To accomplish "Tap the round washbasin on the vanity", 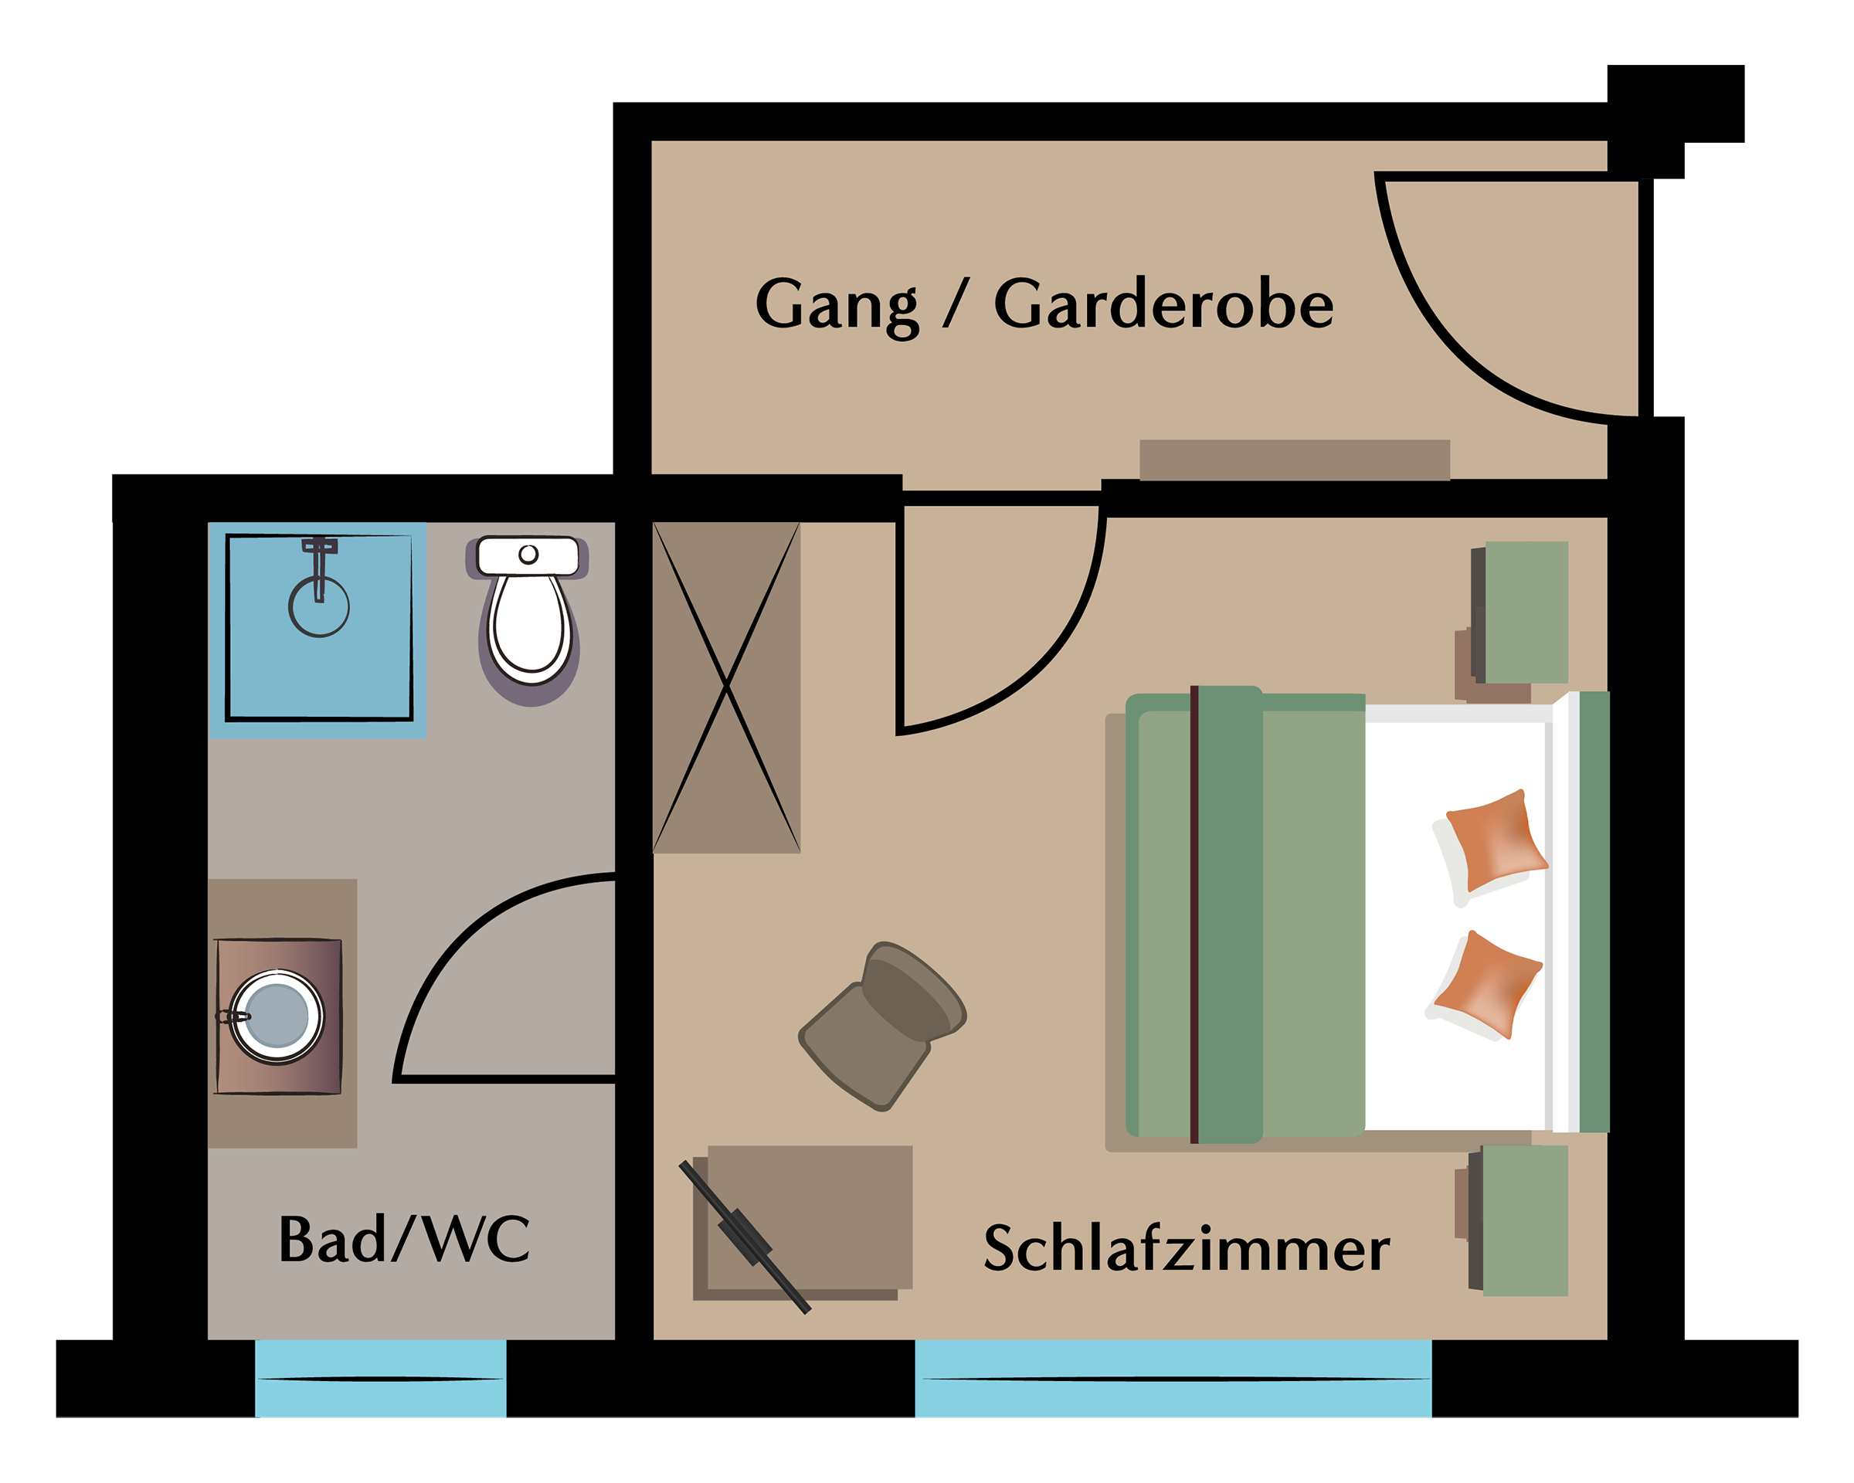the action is (277, 1016).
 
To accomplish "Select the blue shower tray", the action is (317, 630).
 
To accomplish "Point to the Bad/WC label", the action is (404, 1240).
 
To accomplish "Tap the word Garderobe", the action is (1163, 304).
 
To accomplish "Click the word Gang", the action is (837, 307).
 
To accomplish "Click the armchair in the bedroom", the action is (882, 1026).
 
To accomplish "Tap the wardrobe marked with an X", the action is (727, 687).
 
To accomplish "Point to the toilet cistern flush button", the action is (529, 554).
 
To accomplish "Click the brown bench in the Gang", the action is (1295, 460).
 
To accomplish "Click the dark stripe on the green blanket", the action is (1194, 915).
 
